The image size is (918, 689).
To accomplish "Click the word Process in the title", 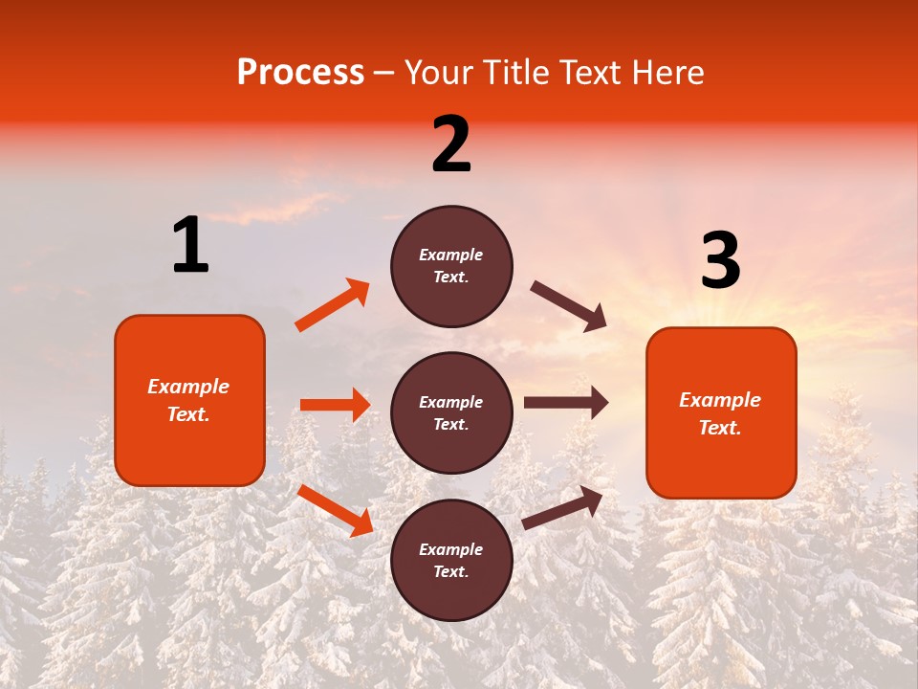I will (300, 73).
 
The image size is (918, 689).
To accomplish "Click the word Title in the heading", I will (510, 73).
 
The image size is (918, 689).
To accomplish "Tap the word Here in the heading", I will (667, 73).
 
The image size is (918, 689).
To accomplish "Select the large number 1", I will (190, 246).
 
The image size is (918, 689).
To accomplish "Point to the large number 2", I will (451, 144).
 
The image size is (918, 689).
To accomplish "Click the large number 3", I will (720, 261).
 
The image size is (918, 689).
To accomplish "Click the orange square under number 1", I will (189, 400).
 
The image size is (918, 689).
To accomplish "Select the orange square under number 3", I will (721, 412).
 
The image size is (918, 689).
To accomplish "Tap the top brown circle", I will (451, 266).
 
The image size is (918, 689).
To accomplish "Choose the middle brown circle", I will (451, 412).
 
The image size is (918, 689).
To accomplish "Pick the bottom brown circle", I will (451, 560).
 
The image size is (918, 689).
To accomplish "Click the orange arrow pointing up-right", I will (333, 304).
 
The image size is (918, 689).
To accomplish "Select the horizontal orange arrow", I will (335, 405).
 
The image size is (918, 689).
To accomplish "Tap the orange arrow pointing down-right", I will (335, 510).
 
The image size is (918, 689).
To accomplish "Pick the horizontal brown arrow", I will (566, 403).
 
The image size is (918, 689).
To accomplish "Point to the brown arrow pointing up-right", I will (563, 507).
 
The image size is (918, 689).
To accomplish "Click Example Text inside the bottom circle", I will (451, 561).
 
